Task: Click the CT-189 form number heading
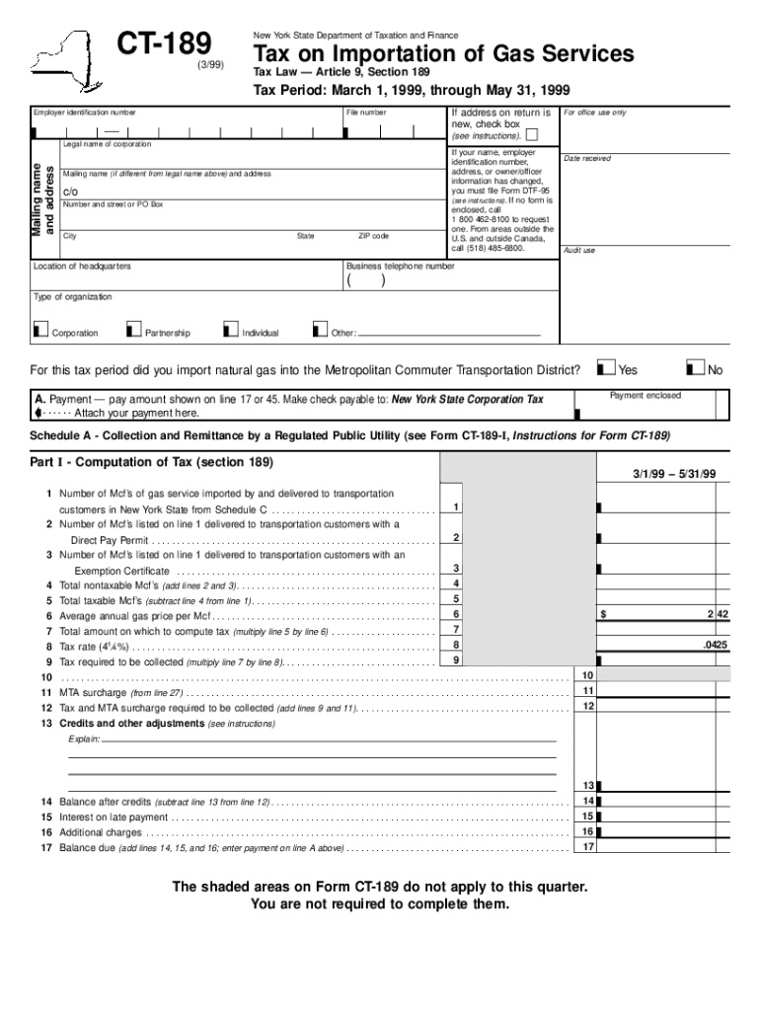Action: point(164,43)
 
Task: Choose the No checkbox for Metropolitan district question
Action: point(697,368)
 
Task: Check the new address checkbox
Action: point(532,134)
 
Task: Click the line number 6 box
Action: point(456,614)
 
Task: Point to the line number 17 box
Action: point(587,846)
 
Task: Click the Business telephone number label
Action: point(400,267)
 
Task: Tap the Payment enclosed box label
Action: point(645,396)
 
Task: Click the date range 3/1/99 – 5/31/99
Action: point(674,475)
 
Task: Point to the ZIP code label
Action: point(373,237)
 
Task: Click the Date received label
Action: point(586,159)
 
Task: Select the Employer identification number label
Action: point(84,114)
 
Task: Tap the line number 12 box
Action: point(587,706)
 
